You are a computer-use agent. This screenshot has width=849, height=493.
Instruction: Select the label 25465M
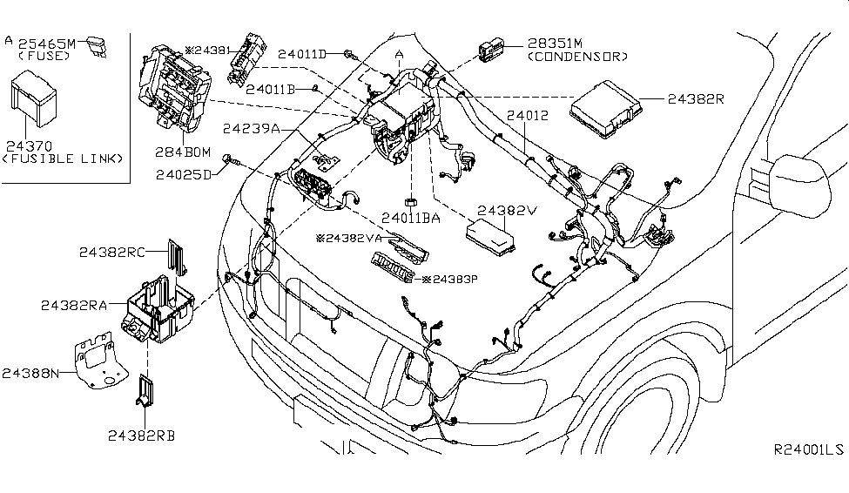pos(48,42)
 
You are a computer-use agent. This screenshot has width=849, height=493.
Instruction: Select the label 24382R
pos(696,98)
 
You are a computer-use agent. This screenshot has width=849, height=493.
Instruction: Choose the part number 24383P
pos(451,280)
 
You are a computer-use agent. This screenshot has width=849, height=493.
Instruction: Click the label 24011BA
pos(410,219)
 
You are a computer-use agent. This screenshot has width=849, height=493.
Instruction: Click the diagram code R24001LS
pos(809,450)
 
